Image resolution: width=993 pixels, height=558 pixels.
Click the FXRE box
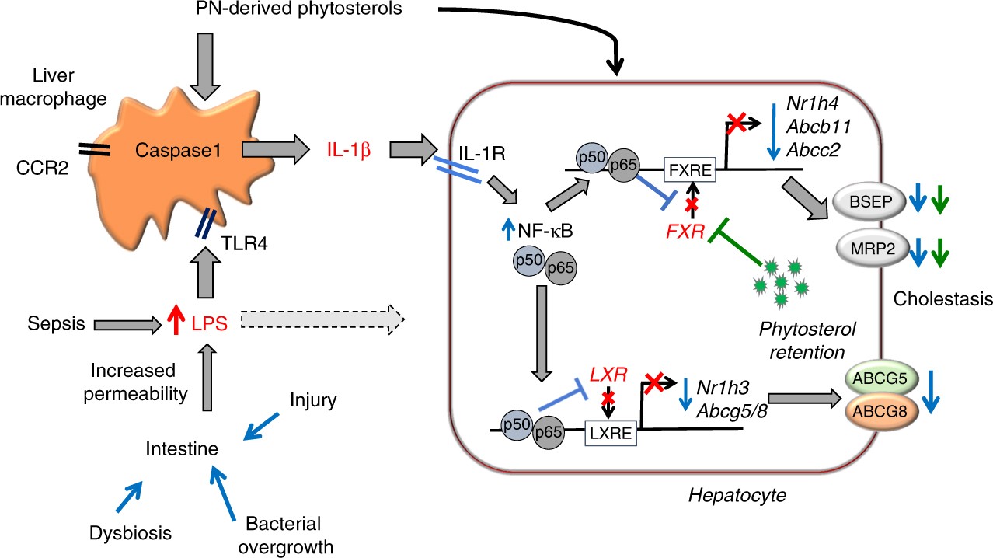tap(688, 169)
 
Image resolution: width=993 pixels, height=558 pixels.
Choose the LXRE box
tap(610, 429)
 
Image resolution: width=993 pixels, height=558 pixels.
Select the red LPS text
tap(209, 323)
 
